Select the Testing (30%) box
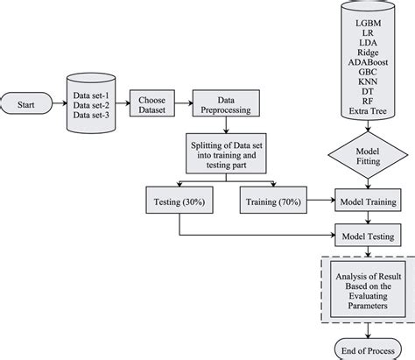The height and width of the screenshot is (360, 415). tap(179, 201)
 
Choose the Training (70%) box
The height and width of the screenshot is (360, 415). tap(273, 201)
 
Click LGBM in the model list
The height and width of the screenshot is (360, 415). tap(366, 19)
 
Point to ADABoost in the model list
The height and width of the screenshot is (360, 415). tap(366, 62)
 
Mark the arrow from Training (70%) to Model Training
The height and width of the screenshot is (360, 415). tap(321, 201)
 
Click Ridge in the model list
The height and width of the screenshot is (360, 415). tap(366, 52)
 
